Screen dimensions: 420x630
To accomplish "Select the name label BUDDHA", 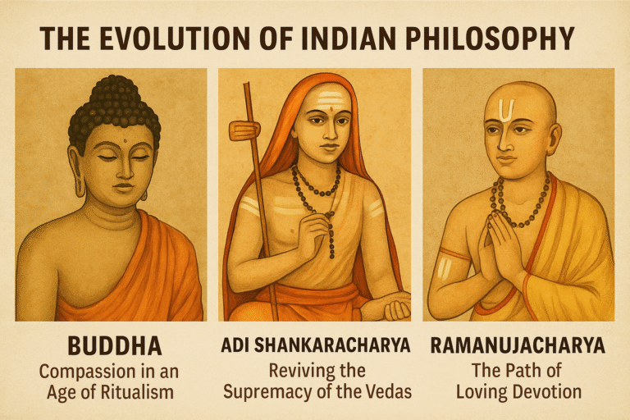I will (109, 345).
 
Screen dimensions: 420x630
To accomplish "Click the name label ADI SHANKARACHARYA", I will (314, 345).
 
